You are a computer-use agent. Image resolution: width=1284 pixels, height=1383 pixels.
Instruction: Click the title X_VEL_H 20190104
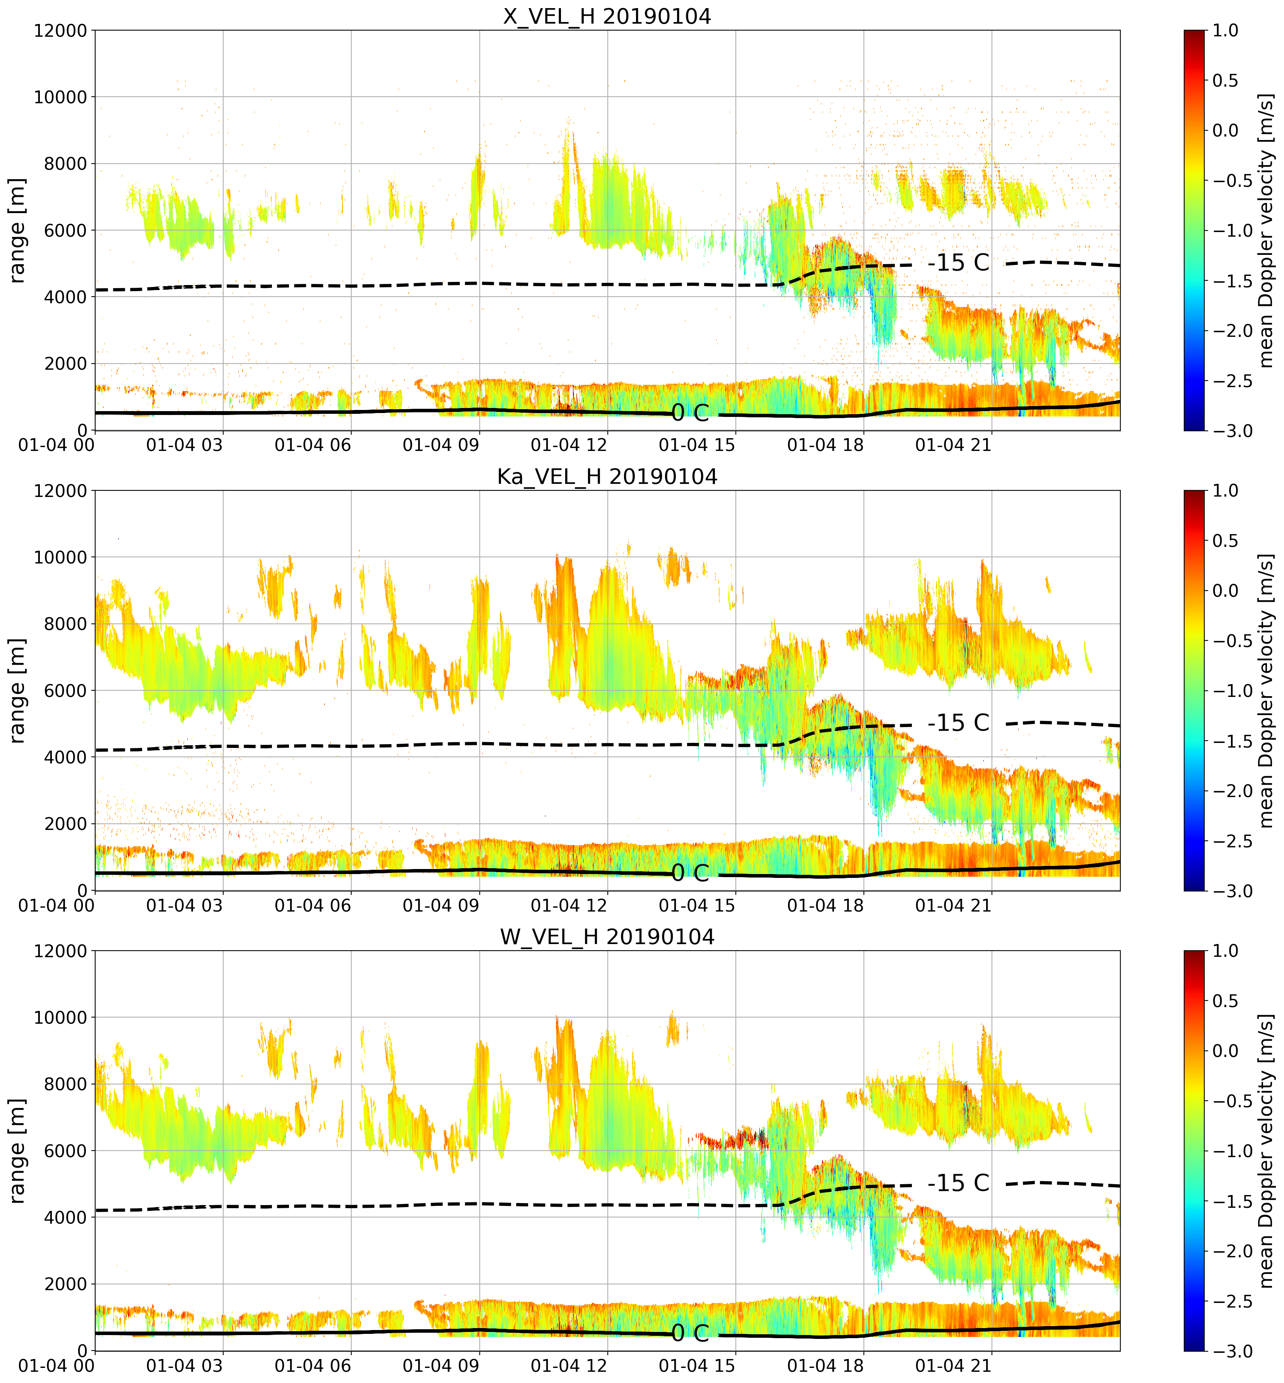point(607,16)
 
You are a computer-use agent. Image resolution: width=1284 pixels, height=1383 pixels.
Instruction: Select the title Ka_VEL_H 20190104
point(607,476)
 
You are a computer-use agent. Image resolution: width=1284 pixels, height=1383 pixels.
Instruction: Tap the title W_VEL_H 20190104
point(607,937)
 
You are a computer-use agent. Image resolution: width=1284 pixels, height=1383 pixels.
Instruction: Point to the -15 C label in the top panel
point(958,263)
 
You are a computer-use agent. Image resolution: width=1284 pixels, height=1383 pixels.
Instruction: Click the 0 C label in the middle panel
point(690,873)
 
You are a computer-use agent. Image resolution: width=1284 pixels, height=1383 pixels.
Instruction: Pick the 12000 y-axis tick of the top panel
point(60,31)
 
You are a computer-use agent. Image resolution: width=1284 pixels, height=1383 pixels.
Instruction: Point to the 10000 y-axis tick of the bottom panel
point(60,1018)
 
